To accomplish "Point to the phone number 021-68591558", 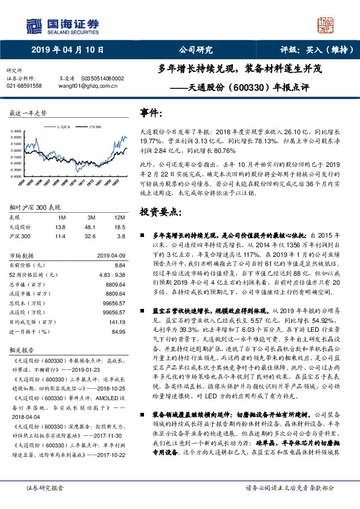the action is tap(24, 86).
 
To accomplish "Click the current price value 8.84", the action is tap(119, 265).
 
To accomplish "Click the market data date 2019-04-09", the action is tap(111, 255).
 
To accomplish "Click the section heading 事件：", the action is tap(151, 113).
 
